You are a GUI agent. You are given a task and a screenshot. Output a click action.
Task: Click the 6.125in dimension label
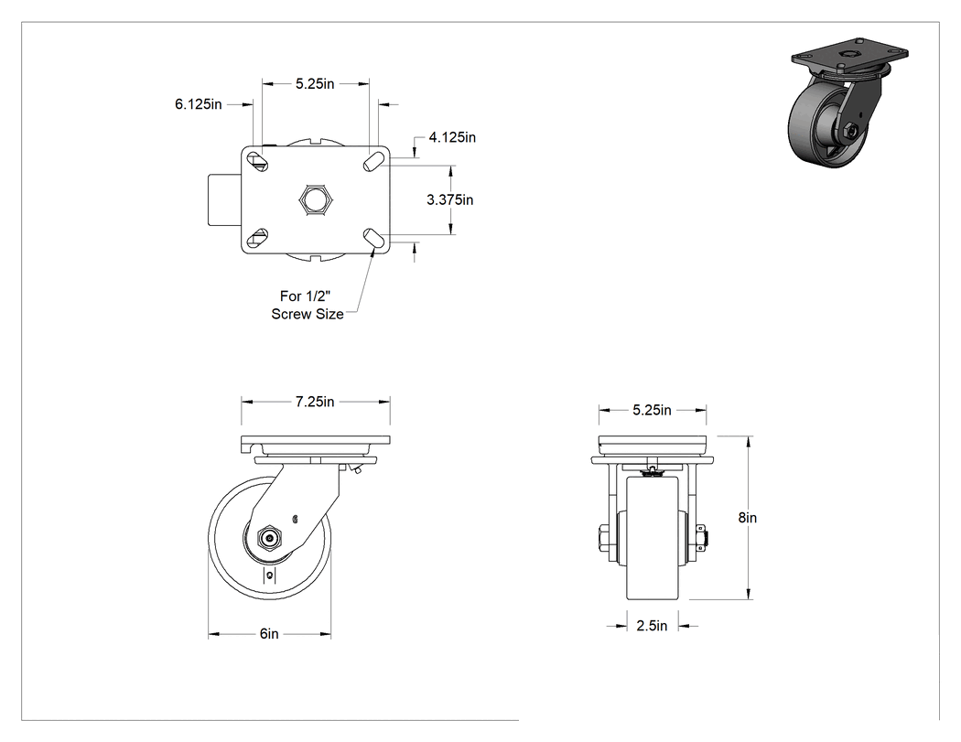click(x=198, y=104)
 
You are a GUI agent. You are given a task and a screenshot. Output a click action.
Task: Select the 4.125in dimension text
click(x=452, y=137)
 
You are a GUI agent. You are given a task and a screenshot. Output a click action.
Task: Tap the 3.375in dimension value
click(x=450, y=199)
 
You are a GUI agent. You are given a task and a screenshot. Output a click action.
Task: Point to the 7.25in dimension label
click(x=315, y=402)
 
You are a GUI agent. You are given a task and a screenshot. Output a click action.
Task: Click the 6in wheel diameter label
click(x=269, y=633)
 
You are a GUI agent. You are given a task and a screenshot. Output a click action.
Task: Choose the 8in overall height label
click(x=748, y=518)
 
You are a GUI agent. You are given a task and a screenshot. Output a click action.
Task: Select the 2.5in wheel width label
click(x=652, y=626)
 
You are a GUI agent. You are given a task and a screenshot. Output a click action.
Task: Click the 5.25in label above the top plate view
click(x=315, y=84)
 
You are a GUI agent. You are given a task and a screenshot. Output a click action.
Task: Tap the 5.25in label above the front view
click(x=652, y=410)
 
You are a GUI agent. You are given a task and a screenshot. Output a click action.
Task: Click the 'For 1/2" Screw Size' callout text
click(x=307, y=305)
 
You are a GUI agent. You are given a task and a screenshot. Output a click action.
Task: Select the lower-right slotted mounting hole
click(x=373, y=238)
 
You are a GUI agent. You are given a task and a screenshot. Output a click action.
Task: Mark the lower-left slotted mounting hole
click(x=258, y=238)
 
